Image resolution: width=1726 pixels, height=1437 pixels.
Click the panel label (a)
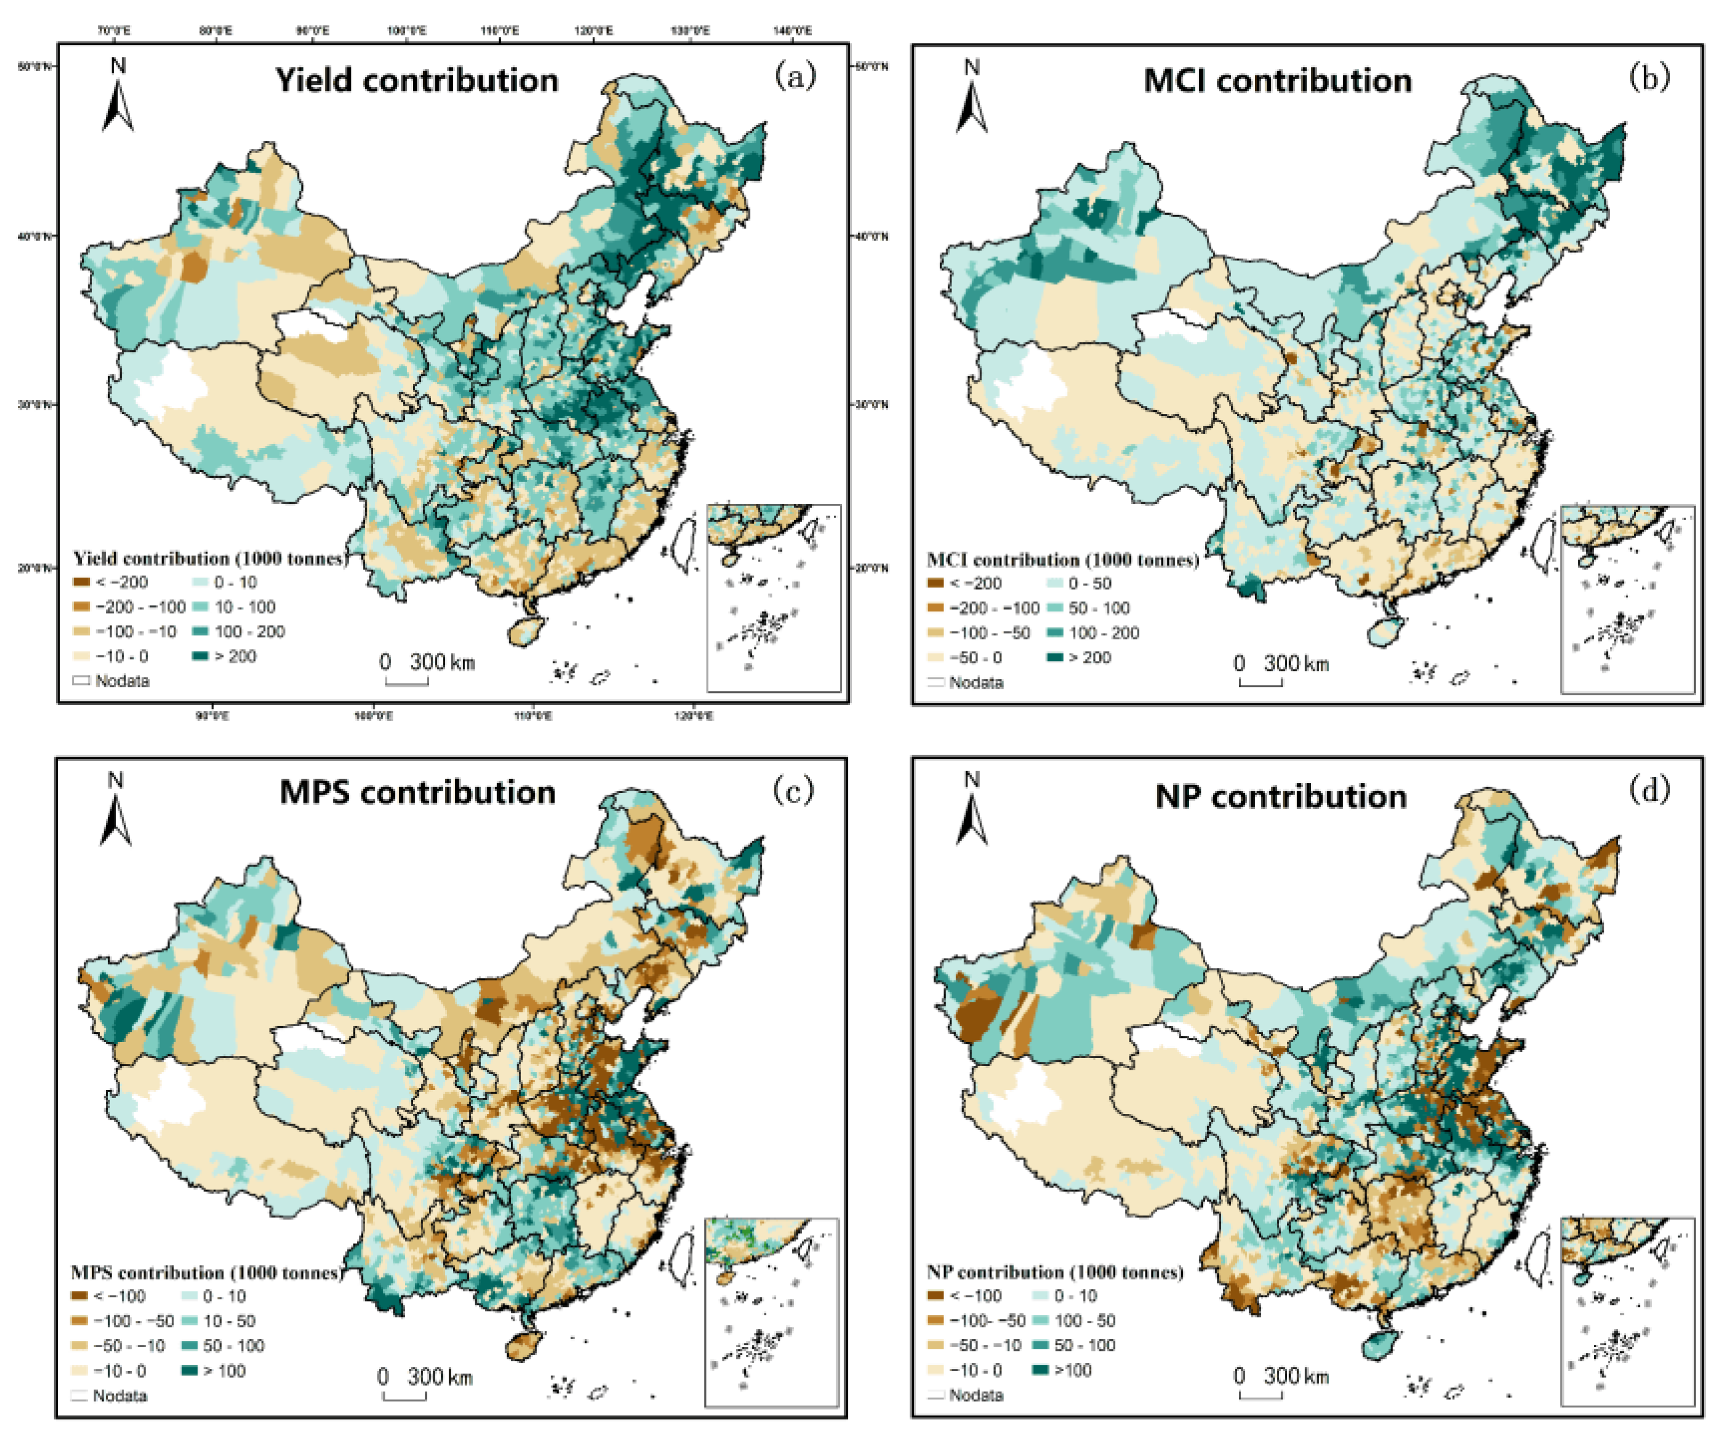[x=795, y=77]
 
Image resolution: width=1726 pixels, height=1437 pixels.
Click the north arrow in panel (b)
[x=972, y=99]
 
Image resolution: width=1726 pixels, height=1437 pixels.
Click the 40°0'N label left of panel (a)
[x=35, y=236]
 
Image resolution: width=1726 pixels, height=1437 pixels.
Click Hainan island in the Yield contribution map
[x=524, y=631]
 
